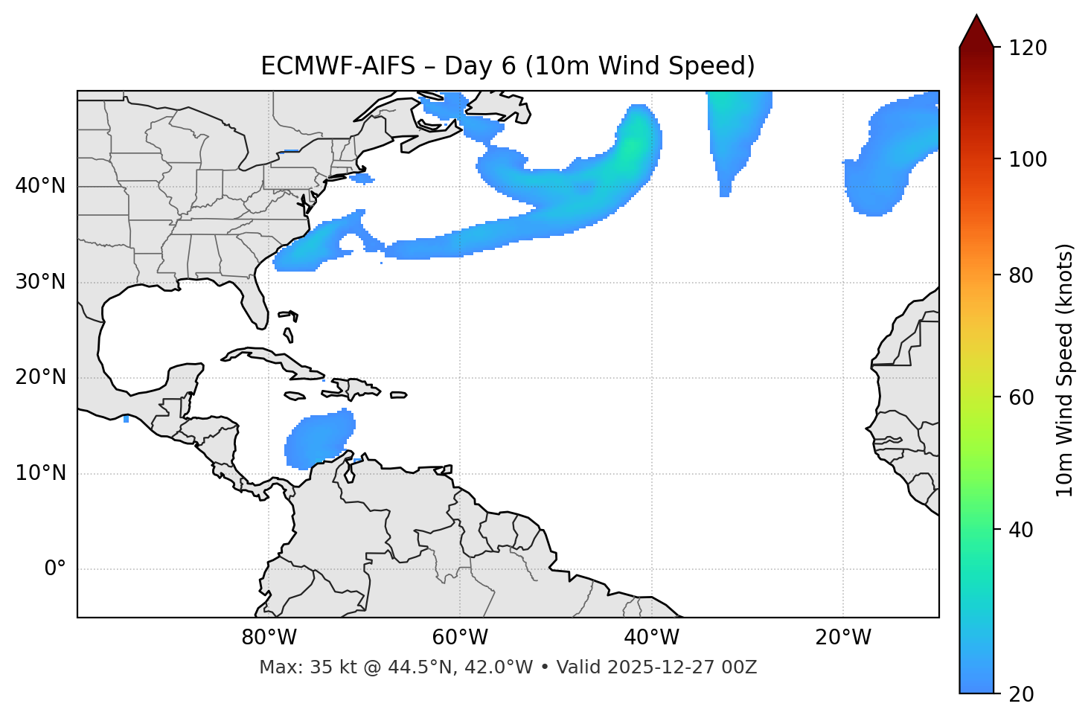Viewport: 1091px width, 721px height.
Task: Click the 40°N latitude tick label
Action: coord(40,186)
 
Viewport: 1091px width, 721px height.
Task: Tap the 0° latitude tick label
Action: coord(55,569)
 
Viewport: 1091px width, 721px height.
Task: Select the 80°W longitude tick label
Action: coord(269,638)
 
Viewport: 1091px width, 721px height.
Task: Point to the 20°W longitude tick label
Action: coord(843,638)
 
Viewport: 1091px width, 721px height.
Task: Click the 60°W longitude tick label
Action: coord(460,638)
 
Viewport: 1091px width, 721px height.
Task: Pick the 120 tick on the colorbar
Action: coord(1029,48)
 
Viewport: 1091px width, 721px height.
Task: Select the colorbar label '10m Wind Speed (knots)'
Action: coord(1065,370)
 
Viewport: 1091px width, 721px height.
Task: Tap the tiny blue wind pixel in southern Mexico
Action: coord(127,420)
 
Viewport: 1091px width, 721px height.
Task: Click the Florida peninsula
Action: coord(255,305)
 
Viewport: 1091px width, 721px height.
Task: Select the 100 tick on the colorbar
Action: coord(1029,159)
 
